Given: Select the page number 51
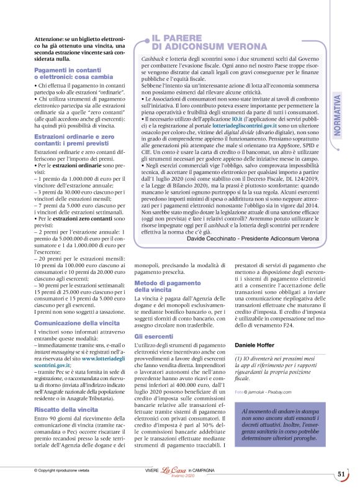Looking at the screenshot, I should click(341, 474).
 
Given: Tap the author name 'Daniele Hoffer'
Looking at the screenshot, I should click(256, 345).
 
